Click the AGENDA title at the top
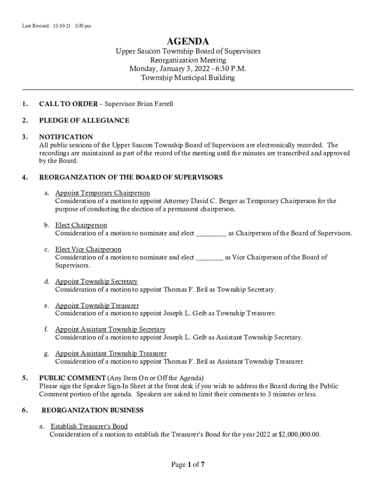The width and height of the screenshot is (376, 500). click(x=188, y=41)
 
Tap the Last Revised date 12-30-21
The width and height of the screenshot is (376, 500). click(x=60, y=26)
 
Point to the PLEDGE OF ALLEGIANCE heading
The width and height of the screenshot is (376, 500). click(x=84, y=120)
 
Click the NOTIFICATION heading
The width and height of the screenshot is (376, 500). click(x=66, y=137)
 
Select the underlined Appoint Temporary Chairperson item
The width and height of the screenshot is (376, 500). click(x=103, y=193)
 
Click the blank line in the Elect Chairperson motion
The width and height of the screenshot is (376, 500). click(x=211, y=233)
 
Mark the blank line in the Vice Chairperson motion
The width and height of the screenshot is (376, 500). click(x=209, y=257)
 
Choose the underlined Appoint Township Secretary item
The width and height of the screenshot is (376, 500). click(x=96, y=281)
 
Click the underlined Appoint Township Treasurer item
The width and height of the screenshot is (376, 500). click(x=97, y=305)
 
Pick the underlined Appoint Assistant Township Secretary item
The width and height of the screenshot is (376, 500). click(x=110, y=329)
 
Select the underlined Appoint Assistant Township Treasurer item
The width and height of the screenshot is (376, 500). click(x=111, y=353)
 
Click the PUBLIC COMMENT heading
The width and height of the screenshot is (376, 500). click(x=72, y=378)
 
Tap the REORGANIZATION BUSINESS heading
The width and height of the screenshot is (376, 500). click(x=92, y=410)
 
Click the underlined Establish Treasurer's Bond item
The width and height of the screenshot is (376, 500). click(x=89, y=426)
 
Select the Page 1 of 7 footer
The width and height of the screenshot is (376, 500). click(x=188, y=465)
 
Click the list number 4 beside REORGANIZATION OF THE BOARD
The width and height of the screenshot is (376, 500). click(x=24, y=177)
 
